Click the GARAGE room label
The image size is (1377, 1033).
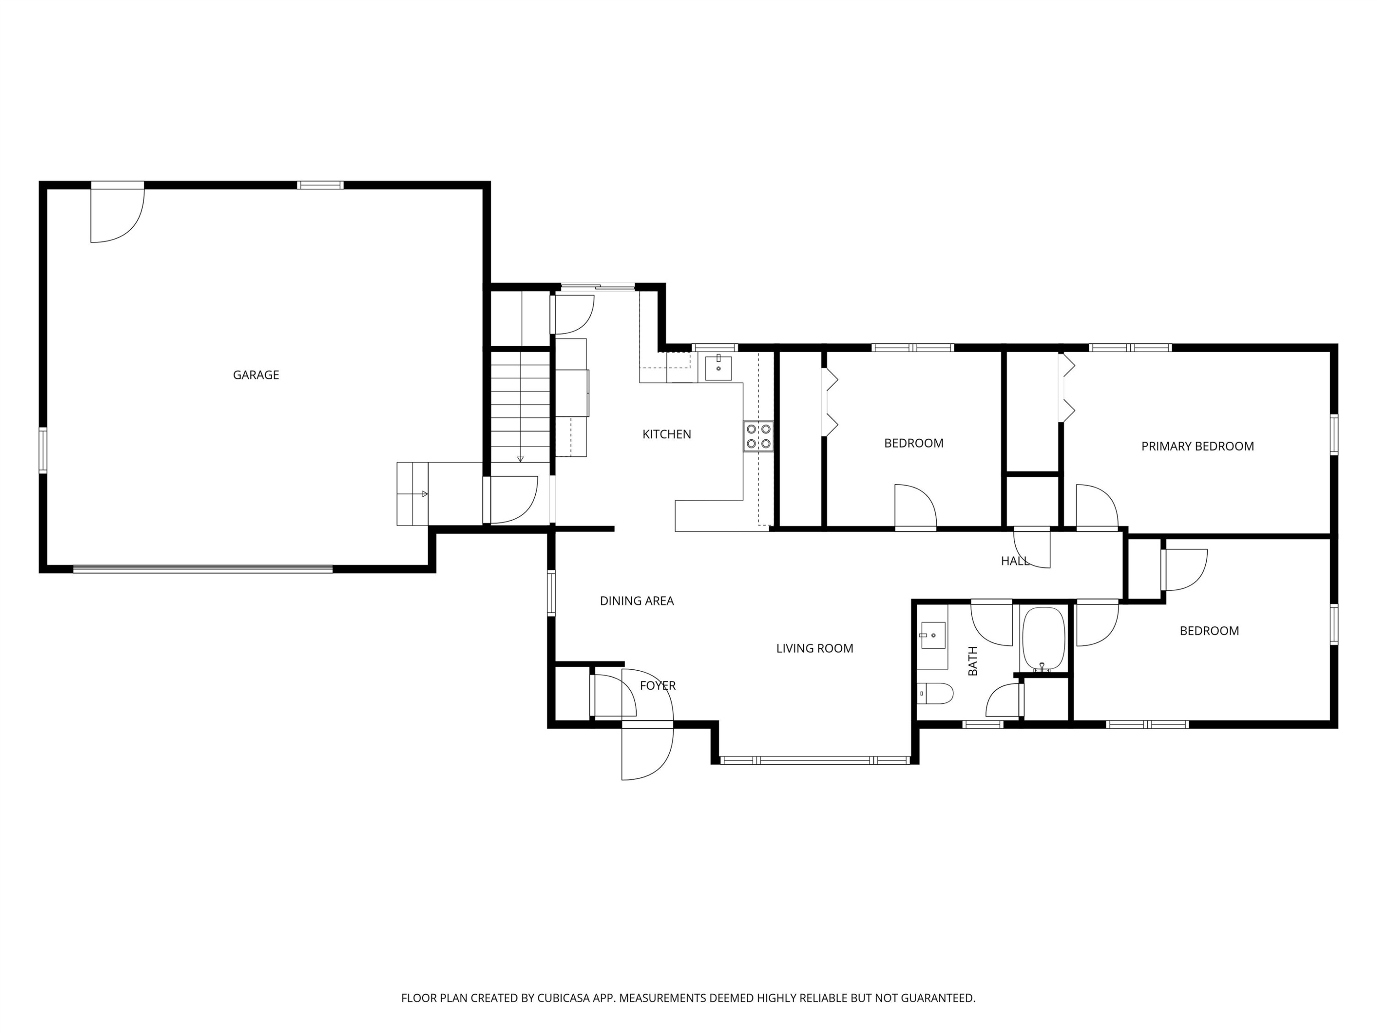tap(256, 375)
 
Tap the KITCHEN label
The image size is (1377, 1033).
tap(667, 434)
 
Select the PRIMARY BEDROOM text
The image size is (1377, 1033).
tap(1197, 446)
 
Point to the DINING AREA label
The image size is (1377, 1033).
tap(637, 601)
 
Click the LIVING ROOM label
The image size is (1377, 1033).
tap(814, 648)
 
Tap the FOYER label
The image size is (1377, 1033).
tap(657, 685)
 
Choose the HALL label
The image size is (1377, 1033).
tap(1015, 561)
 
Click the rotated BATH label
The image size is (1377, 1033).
tap(973, 661)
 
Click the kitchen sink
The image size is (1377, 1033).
tap(718, 367)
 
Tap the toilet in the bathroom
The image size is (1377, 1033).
tap(935, 694)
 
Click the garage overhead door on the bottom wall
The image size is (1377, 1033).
tap(203, 568)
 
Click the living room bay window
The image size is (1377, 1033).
tap(815, 760)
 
